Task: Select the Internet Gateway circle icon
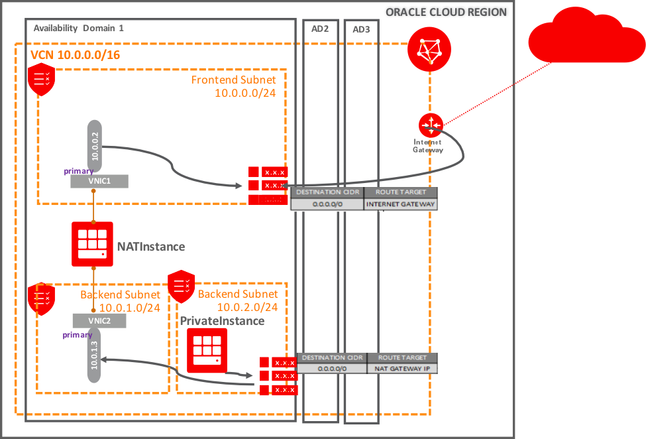click(x=429, y=123)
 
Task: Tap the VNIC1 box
click(x=99, y=181)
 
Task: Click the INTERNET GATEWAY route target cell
click(x=401, y=204)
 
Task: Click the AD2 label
click(x=320, y=29)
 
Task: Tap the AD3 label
click(x=361, y=29)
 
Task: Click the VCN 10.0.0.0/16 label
click(x=76, y=54)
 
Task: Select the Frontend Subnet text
click(x=233, y=80)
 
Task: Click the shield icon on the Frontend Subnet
click(x=41, y=80)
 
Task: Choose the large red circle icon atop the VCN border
click(x=429, y=50)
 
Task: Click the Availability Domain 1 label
click(x=78, y=28)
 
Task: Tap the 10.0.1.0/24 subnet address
click(x=129, y=307)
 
